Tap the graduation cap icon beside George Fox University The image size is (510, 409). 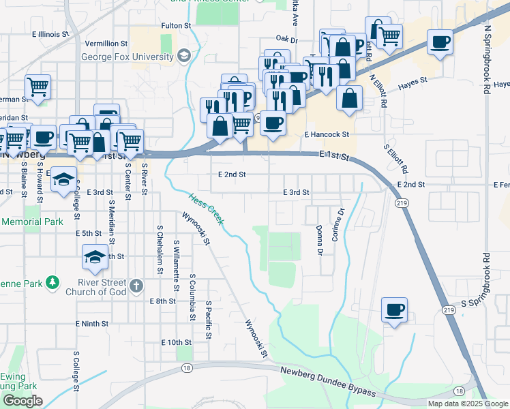pyautogui.click(x=183, y=55)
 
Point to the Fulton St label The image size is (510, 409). pyautogui.click(x=176, y=25)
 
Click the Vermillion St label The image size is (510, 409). pyautogui.click(x=107, y=44)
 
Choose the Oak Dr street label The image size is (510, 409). pyautogui.click(x=287, y=40)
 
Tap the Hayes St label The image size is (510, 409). pyautogui.click(x=412, y=80)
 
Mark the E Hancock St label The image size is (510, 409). pyautogui.click(x=327, y=135)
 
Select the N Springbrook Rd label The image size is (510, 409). pyautogui.click(x=487, y=61)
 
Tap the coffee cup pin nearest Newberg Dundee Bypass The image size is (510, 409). pyautogui.click(x=394, y=311)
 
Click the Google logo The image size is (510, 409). pyautogui.click(x=22, y=401)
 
